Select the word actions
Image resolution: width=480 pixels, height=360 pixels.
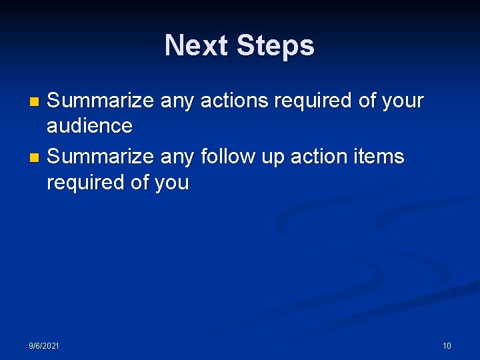pyautogui.click(x=231, y=101)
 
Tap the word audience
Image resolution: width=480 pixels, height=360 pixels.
pyautogui.click(x=89, y=125)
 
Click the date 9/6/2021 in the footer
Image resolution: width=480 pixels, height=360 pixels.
pyautogui.click(x=43, y=345)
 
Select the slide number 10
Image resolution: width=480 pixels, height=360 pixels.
pyautogui.click(x=447, y=345)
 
